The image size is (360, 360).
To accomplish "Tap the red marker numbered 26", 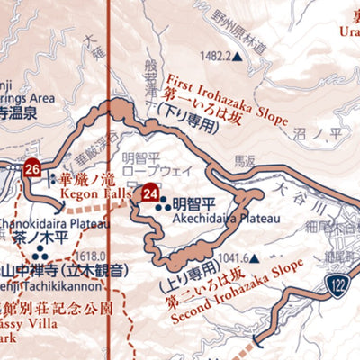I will (33, 168).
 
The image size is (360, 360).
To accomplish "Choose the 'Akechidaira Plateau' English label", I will (218, 218).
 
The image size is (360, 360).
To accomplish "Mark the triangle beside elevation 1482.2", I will (238, 56).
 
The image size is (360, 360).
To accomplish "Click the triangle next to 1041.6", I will (254, 257).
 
